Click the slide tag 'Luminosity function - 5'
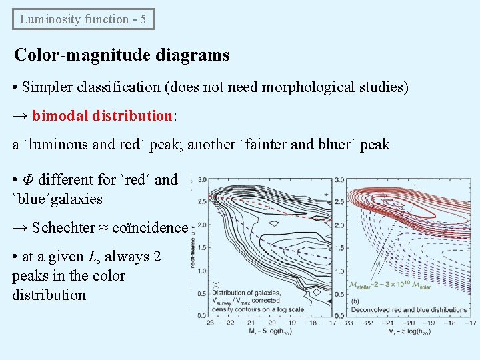pyautogui.click(x=83, y=19)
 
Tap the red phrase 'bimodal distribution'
pyautogui.click(x=102, y=116)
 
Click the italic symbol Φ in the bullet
pyautogui.click(x=29, y=180)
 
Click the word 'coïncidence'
pyautogui.click(x=150, y=227)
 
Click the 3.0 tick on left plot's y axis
pyautogui.click(x=202, y=179)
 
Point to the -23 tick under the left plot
pyautogui.click(x=209, y=323)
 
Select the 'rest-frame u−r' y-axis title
pyautogui.click(x=193, y=247)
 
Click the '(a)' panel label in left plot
pyautogui.click(x=216, y=285)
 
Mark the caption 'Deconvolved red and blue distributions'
pyautogui.click(x=408, y=310)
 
